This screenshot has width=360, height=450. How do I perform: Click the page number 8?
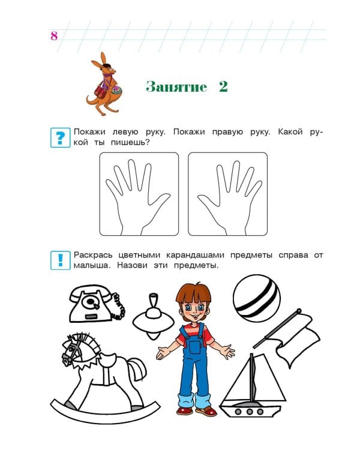tap(53, 35)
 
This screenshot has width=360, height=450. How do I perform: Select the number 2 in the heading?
tap(223, 87)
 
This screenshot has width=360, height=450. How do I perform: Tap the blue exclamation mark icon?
tap(59, 260)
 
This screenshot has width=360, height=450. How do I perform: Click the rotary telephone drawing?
tap(94, 304)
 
